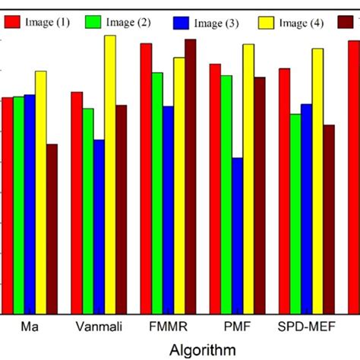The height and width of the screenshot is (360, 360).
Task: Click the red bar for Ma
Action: pyautogui.click(x=8, y=205)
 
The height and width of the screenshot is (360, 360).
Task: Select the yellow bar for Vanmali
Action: pyautogui.click(x=110, y=175)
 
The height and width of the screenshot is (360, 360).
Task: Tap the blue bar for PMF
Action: pyautogui.click(x=238, y=235)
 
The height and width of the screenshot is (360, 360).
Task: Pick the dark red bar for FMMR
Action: pyautogui.click(x=190, y=176)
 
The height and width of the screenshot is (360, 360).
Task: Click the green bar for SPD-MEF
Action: pyautogui.click(x=295, y=213)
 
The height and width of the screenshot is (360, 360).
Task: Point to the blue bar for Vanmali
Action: pyautogui.click(x=99, y=226)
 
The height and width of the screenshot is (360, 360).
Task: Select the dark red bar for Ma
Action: pyautogui.click(x=52, y=229)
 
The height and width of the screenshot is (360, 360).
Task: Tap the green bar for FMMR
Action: pyautogui.click(x=156, y=193)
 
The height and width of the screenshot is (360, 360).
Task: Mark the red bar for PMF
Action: pyautogui.click(x=215, y=188)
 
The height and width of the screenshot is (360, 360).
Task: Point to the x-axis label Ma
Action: pyautogui.click(x=30, y=328)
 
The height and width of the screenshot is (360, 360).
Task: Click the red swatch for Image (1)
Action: pyautogui.click(x=12, y=23)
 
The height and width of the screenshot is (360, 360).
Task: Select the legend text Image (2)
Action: pyautogui.click(x=132, y=23)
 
